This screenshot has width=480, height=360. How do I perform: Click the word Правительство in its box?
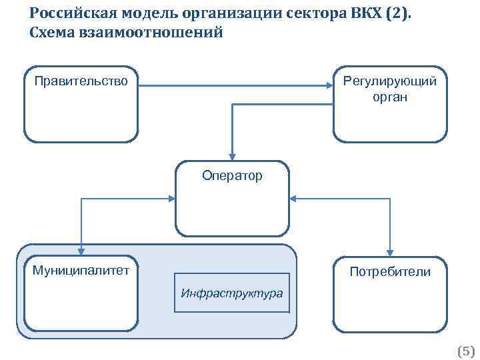point(81,82)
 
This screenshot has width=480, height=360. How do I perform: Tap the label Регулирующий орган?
point(390,89)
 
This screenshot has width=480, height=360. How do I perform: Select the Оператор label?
point(233,176)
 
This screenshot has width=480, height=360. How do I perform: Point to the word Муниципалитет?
point(81,270)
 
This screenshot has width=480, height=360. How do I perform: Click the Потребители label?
point(390,272)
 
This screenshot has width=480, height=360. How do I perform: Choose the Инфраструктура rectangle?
point(232,293)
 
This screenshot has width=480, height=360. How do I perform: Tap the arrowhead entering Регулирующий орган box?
point(329,85)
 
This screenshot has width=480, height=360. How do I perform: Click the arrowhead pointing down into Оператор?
point(232,157)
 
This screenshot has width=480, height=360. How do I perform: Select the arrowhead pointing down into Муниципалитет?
point(81,251)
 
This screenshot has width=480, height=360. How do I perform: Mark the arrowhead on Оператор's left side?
point(172,198)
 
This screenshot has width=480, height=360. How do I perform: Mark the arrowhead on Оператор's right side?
point(294,198)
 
